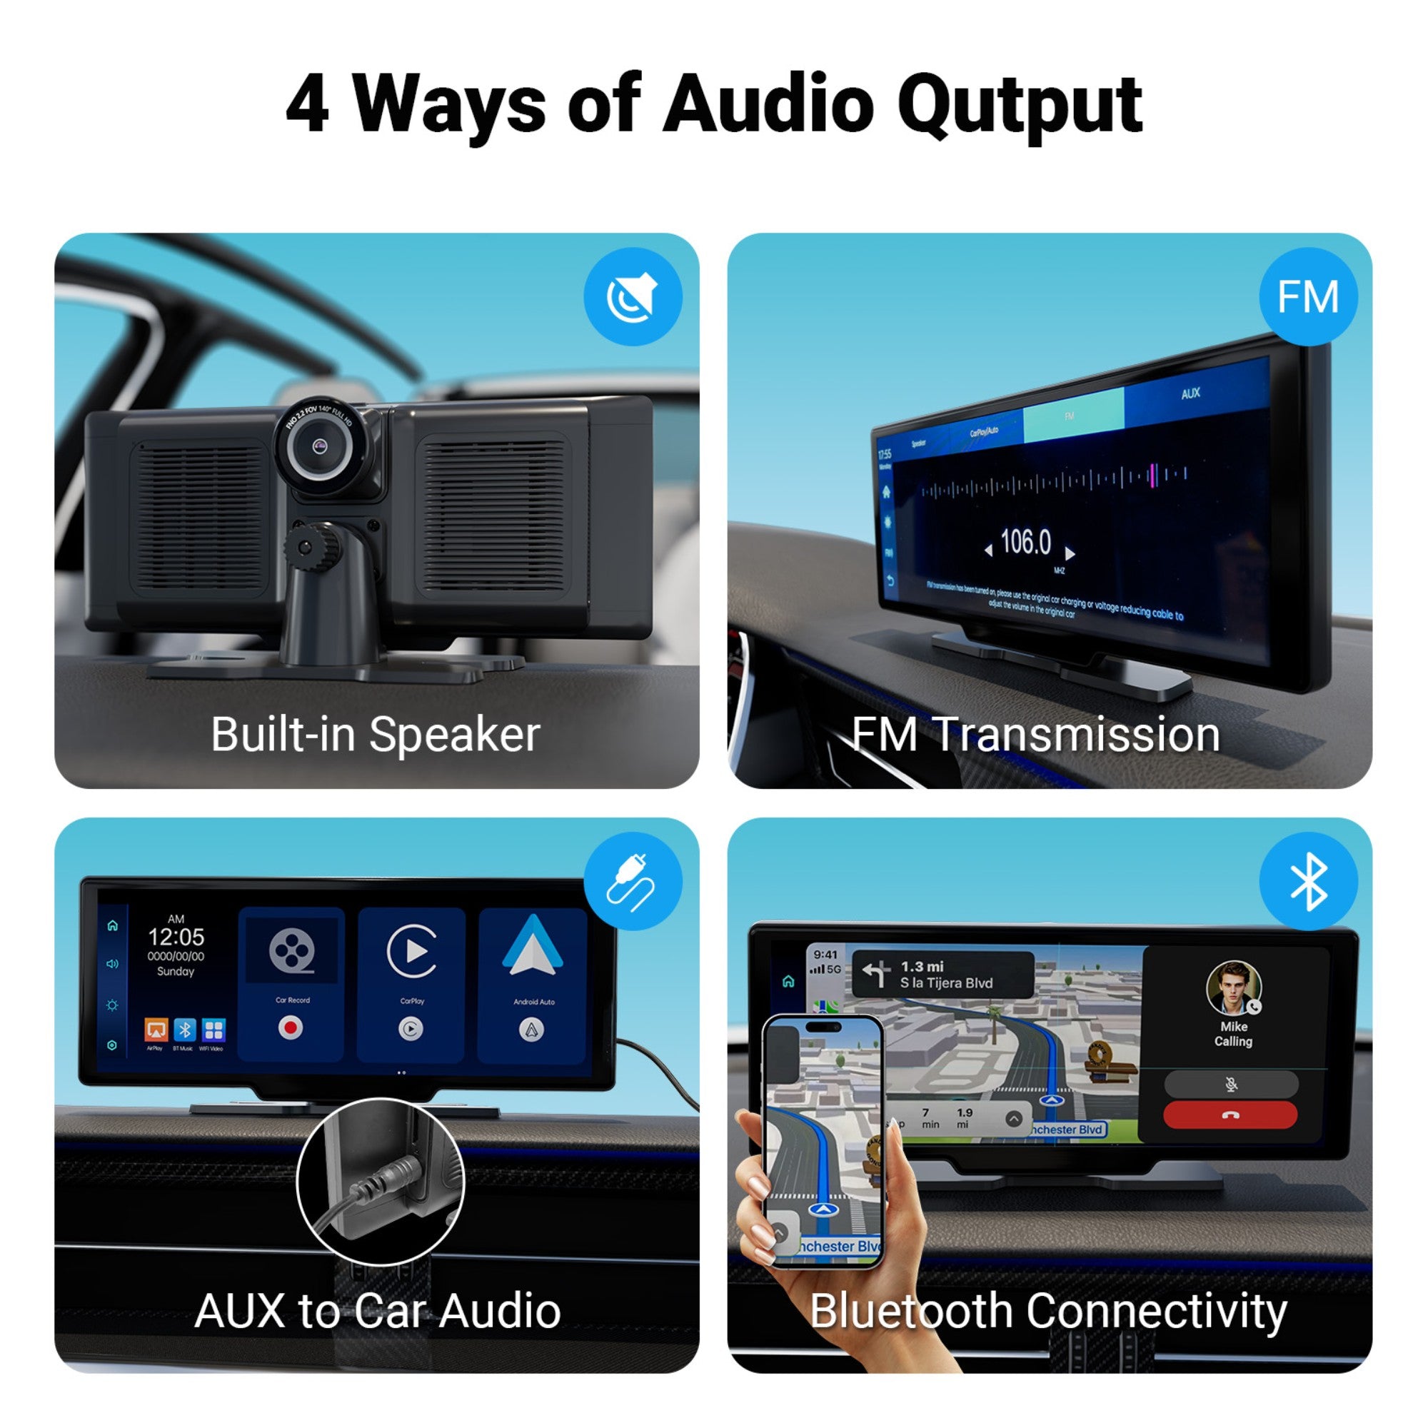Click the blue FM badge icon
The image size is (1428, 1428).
(1307, 296)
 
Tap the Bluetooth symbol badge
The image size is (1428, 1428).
(1307, 881)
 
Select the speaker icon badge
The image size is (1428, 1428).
(633, 296)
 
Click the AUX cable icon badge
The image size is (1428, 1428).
(633, 881)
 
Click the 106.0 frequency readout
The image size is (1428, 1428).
(1025, 543)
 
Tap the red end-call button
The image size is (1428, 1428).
(1230, 1115)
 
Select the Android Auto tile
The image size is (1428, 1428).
(533, 984)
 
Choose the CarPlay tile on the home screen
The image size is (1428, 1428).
(412, 984)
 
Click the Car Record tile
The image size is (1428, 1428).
(292, 984)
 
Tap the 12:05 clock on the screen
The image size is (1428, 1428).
(176, 937)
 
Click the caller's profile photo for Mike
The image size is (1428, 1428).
(1232, 987)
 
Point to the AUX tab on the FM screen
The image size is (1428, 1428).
(1190, 394)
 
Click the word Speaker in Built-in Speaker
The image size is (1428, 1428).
(454, 735)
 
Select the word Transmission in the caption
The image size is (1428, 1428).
(1077, 735)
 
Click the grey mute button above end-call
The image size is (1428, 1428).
(1231, 1084)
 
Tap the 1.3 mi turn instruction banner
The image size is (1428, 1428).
(942, 974)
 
